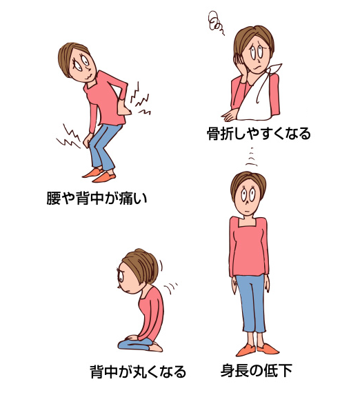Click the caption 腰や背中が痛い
tap(97, 198)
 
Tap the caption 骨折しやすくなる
tap(259, 134)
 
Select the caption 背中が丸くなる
tap(138, 372)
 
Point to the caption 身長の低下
tap(257, 371)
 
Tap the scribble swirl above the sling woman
tap(215, 22)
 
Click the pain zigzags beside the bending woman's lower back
tap(140, 100)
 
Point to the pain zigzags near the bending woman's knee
tap(70, 137)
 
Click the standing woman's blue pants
tap(251, 303)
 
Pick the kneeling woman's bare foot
tap(157, 347)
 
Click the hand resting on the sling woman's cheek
tap(239, 64)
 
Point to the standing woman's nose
tap(248, 201)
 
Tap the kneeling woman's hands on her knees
tap(132, 338)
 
